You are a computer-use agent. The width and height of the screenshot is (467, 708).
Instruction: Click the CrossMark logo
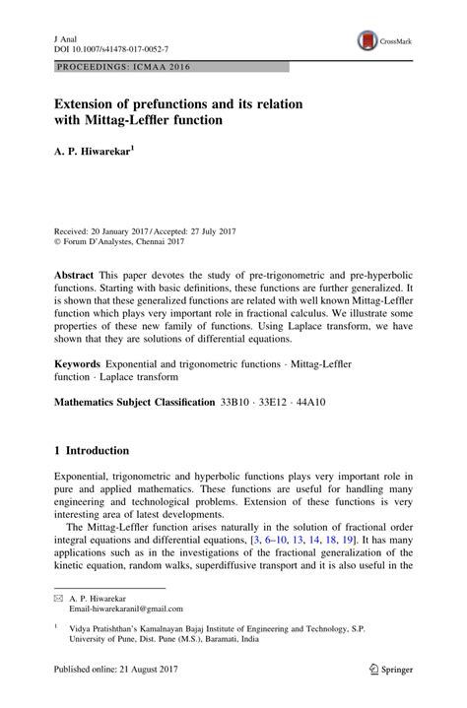click(383, 40)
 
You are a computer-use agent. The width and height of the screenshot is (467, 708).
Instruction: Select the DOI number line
click(109, 46)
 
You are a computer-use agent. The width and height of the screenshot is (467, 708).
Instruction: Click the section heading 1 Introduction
click(92, 451)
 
